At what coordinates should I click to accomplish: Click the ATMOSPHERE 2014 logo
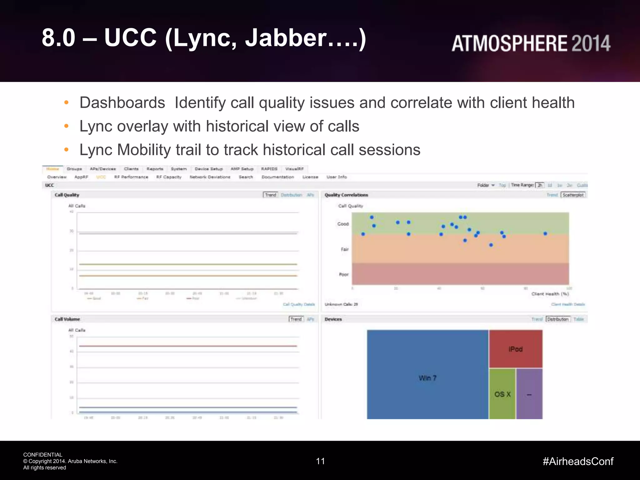pyautogui.click(x=531, y=43)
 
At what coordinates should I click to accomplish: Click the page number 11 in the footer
pyautogui.click(x=320, y=461)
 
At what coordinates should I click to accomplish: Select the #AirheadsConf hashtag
pyautogui.click(x=578, y=461)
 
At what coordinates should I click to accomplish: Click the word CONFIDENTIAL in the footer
pyautogui.click(x=43, y=455)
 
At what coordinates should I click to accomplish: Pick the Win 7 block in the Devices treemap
pyautogui.click(x=427, y=378)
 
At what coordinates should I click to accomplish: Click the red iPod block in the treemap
pyautogui.click(x=515, y=349)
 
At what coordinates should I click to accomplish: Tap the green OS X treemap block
pyautogui.click(x=502, y=394)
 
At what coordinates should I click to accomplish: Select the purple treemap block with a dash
pyautogui.click(x=529, y=394)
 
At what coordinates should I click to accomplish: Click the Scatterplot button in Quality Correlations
pyautogui.click(x=573, y=195)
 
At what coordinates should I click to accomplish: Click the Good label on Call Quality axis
pyautogui.click(x=343, y=224)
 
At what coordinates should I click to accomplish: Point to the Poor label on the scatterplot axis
pyautogui.click(x=343, y=275)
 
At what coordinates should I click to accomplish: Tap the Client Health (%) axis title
pyautogui.click(x=550, y=294)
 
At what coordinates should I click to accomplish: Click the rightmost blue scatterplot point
pyautogui.click(x=545, y=233)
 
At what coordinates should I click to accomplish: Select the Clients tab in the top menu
pyautogui.click(x=131, y=169)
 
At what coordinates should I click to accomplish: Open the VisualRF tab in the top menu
pyautogui.click(x=294, y=169)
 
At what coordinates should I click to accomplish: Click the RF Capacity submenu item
pyautogui.click(x=169, y=177)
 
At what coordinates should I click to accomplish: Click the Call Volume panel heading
pyautogui.click(x=67, y=319)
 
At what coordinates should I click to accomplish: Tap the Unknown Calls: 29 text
pyautogui.click(x=341, y=304)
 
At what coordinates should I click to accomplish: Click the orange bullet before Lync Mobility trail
pyautogui.click(x=66, y=150)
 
